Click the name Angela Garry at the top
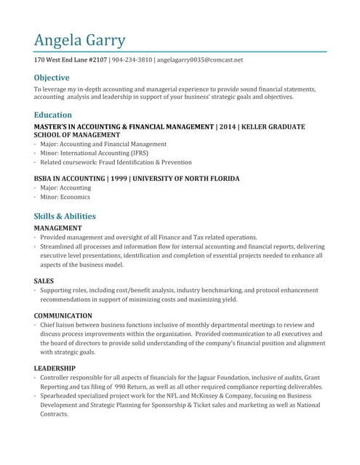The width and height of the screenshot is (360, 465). [x=80, y=40]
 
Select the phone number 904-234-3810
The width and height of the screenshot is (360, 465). [x=132, y=60]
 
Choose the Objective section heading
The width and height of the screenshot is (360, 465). [x=52, y=78]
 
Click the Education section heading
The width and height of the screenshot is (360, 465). [x=53, y=115]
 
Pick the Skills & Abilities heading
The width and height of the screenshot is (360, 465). [x=65, y=217]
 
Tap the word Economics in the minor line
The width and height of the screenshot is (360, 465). [x=75, y=197]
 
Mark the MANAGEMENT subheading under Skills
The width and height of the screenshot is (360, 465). [x=57, y=228]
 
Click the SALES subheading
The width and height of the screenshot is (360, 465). [x=44, y=280]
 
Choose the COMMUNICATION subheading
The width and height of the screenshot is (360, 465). [x=63, y=316]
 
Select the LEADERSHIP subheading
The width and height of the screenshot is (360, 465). [x=55, y=369]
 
